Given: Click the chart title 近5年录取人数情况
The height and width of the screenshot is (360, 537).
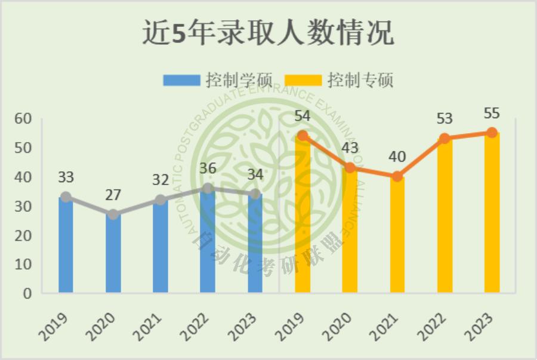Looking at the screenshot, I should [x=268, y=33].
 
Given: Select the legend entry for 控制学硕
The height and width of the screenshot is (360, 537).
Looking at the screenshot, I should [x=218, y=80].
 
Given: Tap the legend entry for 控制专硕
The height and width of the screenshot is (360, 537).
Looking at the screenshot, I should [x=340, y=80].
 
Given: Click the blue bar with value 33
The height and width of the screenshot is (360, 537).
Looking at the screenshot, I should [x=66, y=245].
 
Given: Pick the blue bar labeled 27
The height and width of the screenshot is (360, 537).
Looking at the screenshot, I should [x=113, y=254].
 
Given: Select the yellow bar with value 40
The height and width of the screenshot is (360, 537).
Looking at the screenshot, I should [x=397, y=235].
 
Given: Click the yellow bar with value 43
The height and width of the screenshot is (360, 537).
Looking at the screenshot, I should [x=350, y=230].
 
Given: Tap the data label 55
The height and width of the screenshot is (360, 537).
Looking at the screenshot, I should [x=492, y=113].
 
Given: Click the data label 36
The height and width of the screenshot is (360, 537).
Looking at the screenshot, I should [x=208, y=169].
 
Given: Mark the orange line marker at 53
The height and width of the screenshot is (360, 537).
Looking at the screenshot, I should [x=445, y=139].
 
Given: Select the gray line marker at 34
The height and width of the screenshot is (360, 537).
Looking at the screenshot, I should [x=255, y=194].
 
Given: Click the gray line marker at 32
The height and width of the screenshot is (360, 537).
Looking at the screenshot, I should [x=161, y=200].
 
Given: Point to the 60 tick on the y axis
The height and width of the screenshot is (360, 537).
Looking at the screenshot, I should [x=23, y=119].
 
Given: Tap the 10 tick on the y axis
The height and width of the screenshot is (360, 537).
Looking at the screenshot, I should [x=23, y=264].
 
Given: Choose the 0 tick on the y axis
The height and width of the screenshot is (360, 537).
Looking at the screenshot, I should [x=27, y=294].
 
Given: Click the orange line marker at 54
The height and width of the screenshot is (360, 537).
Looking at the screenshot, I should [x=303, y=136].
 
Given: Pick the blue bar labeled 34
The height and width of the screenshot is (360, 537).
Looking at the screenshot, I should [x=255, y=244].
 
